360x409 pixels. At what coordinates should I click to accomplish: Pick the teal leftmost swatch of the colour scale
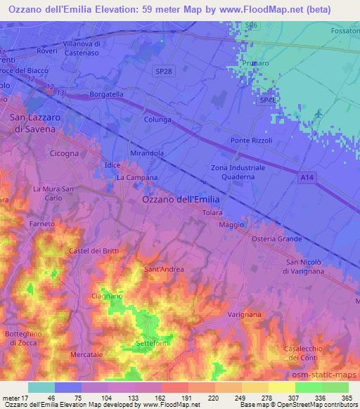point(41,387)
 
